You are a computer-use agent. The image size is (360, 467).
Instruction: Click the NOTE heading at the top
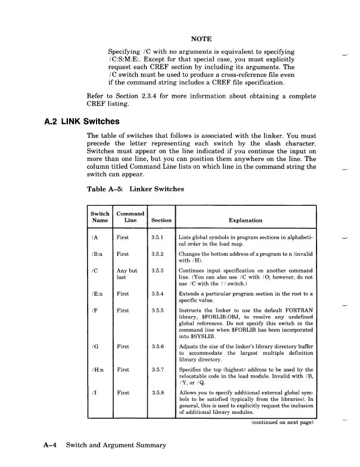[200, 38]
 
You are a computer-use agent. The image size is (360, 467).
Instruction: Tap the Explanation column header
[245, 220]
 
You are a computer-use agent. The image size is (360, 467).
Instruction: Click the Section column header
[161, 220]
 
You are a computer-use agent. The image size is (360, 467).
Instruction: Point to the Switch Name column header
[100, 217]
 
